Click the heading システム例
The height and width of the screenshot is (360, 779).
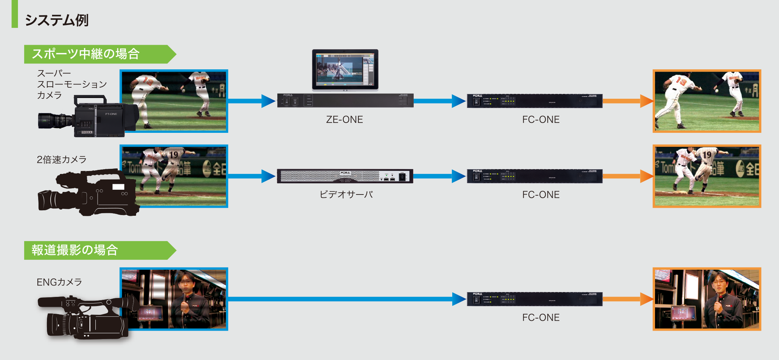pyautogui.click(x=57, y=20)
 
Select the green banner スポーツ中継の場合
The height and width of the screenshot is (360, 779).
pyautogui.click(x=85, y=54)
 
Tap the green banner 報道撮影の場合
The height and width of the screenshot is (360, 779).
pyautogui.click(x=75, y=250)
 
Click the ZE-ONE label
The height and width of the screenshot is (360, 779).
pyautogui.click(x=344, y=120)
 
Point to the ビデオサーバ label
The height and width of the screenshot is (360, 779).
pyautogui.click(x=346, y=194)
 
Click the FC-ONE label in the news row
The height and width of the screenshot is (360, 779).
pyautogui.click(x=541, y=317)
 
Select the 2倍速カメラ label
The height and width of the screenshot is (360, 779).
pyautogui.click(x=62, y=160)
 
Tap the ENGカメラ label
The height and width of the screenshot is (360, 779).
pyautogui.click(x=59, y=282)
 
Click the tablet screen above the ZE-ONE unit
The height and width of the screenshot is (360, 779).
pyautogui.click(x=345, y=69)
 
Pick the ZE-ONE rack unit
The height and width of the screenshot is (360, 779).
pyautogui.click(x=345, y=101)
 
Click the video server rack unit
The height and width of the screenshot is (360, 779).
pyautogui.click(x=345, y=176)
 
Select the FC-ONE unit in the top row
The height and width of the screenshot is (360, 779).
pyautogui.click(x=534, y=101)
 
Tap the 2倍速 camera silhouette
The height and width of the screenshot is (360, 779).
pyautogui.click(x=88, y=193)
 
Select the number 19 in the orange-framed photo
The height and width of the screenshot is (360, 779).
pyautogui.click(x=707, y=154)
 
